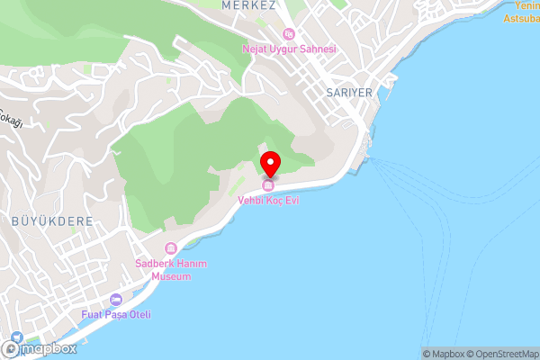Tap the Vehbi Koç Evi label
coord(269,200)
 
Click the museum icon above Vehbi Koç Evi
coord(268,185)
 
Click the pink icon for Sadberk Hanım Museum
coord(170,248)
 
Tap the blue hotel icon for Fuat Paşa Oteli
coord(115,300)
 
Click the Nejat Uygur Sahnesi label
coord(288,49)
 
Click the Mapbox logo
coord(40,348)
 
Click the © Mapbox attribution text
coord(441,354)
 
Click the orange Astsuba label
coord(519,18)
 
